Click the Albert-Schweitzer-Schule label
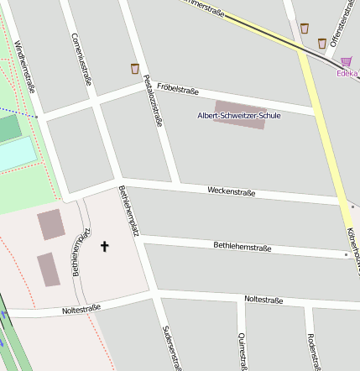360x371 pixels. coord(238,115)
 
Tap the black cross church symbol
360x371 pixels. coord(105,246)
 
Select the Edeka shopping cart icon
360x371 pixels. coord(347,61)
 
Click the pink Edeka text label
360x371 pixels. coord(347,73)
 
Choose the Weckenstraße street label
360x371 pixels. coord(231,192)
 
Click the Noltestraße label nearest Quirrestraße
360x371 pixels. coord(263,300)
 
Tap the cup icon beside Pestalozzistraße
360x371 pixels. coord(134,68)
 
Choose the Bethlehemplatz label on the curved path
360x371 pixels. coord(81,251)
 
